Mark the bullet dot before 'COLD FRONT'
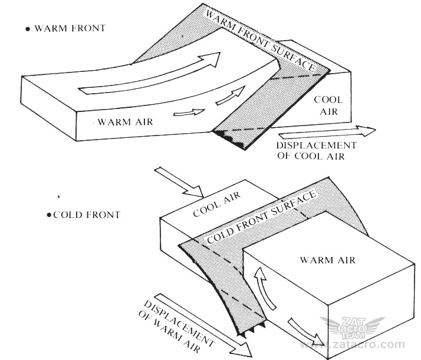click(49, 215)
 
